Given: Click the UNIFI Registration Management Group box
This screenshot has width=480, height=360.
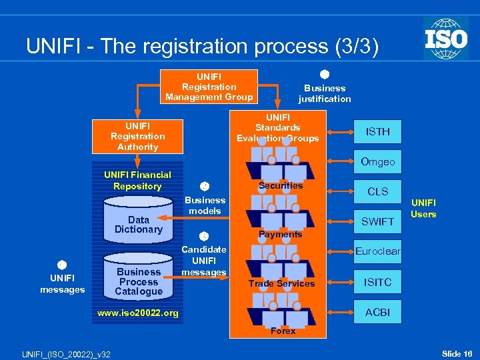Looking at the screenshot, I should (209, 87).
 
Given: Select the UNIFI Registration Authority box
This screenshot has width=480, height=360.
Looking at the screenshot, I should (137, 136).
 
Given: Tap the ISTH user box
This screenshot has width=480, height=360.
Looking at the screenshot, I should (377, 132).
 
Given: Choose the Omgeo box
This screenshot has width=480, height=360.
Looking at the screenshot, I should (377, 162).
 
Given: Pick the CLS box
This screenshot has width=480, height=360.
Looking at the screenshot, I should (377, 191).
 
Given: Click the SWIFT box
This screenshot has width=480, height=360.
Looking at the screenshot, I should (377, 221).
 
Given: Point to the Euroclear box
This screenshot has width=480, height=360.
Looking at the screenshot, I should (377, 251).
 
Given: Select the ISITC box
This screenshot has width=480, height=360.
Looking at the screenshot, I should (377, 282).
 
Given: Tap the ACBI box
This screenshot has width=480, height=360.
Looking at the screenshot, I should (377, 312).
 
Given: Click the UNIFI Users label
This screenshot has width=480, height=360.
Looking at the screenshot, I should (423, 208).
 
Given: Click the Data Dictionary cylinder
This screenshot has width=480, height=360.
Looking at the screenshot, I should (138, 225).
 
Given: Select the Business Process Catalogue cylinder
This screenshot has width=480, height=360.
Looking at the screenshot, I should (138, 280).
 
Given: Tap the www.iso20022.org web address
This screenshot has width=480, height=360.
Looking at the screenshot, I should (138, 313).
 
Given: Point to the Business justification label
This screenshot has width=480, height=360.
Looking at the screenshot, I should (324, 93).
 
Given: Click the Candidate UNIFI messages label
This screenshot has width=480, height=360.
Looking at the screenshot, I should (204, 261).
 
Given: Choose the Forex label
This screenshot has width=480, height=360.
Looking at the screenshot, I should (283, 331).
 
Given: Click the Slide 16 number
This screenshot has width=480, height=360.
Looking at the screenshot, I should (457, 353).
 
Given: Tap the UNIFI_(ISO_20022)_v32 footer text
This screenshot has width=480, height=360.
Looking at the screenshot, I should (65, 353).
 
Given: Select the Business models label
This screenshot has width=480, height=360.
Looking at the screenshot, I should (205, 205).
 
